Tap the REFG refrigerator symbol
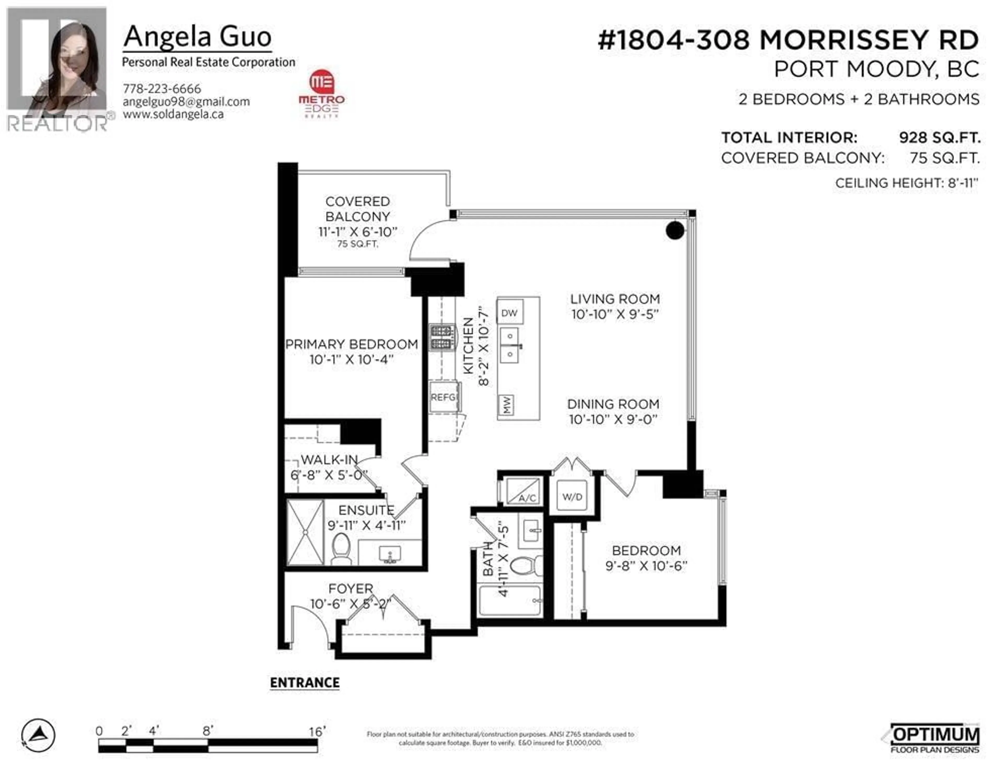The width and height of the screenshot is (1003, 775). coord(444,397)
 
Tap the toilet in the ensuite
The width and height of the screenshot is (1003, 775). coord(341,548)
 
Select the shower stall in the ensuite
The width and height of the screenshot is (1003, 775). coord(305,532)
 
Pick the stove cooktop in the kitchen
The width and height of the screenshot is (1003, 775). coord(441,337)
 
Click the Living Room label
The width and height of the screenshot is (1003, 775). coord(615,299)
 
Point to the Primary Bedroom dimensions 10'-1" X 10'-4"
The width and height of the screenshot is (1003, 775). coord(351,359)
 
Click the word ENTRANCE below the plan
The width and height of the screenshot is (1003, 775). coord(305,683)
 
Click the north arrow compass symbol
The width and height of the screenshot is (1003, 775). coord(39,735)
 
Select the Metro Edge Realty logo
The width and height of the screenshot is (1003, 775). coord(322,94)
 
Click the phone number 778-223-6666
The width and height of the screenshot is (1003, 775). coord(162,88)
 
